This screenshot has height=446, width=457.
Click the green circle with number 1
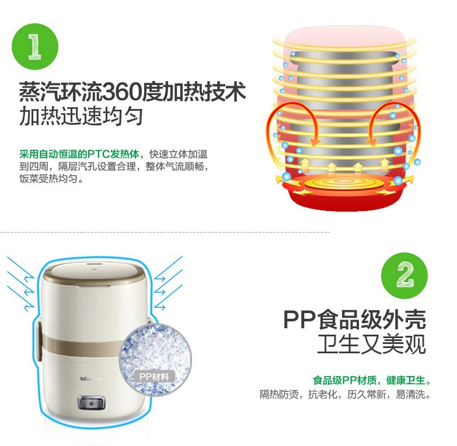(35, 47)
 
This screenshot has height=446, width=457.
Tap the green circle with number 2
(404, 276)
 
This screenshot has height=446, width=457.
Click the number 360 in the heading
(121, 92)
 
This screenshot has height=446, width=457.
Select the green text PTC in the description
(98, 154)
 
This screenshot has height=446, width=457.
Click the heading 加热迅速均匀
(81, 117)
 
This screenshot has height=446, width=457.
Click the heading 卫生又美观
(372, 345)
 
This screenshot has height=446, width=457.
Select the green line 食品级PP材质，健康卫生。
(372, 380)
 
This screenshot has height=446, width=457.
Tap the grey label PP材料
(154, 377)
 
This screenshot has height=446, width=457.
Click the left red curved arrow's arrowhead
(315, 142)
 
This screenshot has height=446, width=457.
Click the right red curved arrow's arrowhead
(371, 142)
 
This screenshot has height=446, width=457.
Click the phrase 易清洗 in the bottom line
(410, 395)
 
